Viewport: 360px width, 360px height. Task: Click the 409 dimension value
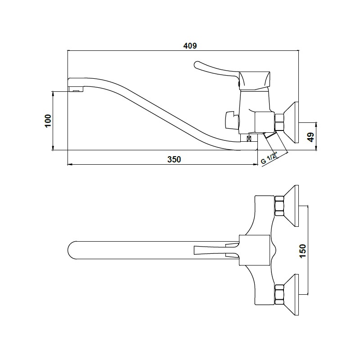[190, 46]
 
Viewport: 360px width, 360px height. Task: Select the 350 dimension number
[174, 159]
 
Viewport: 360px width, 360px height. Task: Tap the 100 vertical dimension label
[48, 121]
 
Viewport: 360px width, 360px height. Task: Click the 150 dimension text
[303, 251]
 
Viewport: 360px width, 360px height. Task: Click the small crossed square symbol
[249, 139]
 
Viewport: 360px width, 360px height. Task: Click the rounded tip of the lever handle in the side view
[197, 65]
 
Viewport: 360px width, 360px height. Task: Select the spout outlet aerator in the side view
[76, 89]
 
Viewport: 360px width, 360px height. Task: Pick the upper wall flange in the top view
[292, 206]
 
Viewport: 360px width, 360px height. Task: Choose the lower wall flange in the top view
[292, 295]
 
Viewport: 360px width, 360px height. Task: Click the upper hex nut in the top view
[279, 206]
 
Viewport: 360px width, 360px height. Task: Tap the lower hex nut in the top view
[279, 295]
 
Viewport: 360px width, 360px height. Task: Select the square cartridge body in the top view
[254, 250]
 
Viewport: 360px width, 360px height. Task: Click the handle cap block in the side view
[254, 81]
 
